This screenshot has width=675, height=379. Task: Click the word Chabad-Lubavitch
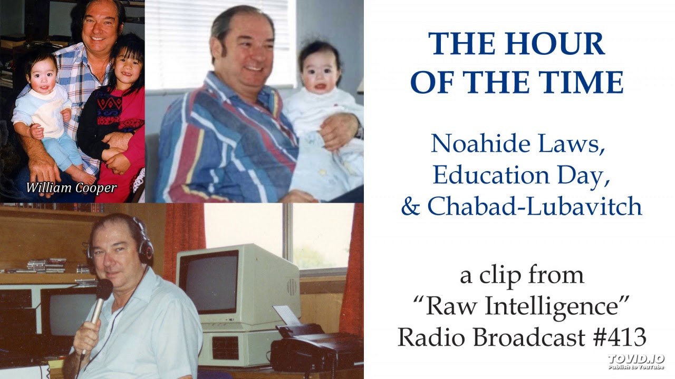pos(534,207)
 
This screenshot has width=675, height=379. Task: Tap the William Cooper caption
pos(71,187)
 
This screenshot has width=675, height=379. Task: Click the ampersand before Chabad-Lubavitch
pos(410,207)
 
